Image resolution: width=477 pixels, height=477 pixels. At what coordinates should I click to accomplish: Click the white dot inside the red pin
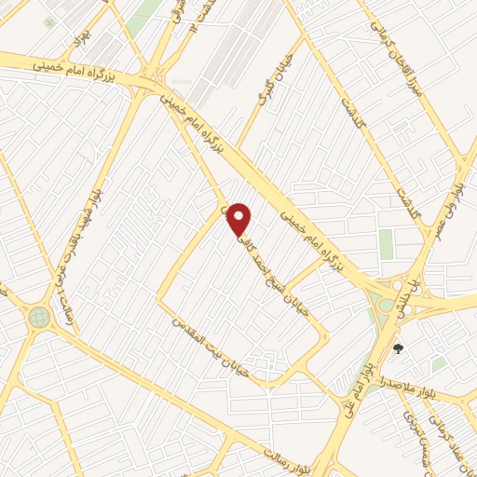click(x=240, y=217)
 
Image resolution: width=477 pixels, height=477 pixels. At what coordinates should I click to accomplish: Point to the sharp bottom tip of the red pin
click(x=240, y=236)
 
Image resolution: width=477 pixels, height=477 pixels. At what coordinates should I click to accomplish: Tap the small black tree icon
click(x=400, y=348)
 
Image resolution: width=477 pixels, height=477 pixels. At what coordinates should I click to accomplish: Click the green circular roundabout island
click(x=39, y=317)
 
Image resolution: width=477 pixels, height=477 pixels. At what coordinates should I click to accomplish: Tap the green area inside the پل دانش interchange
click(x=384, y=304)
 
